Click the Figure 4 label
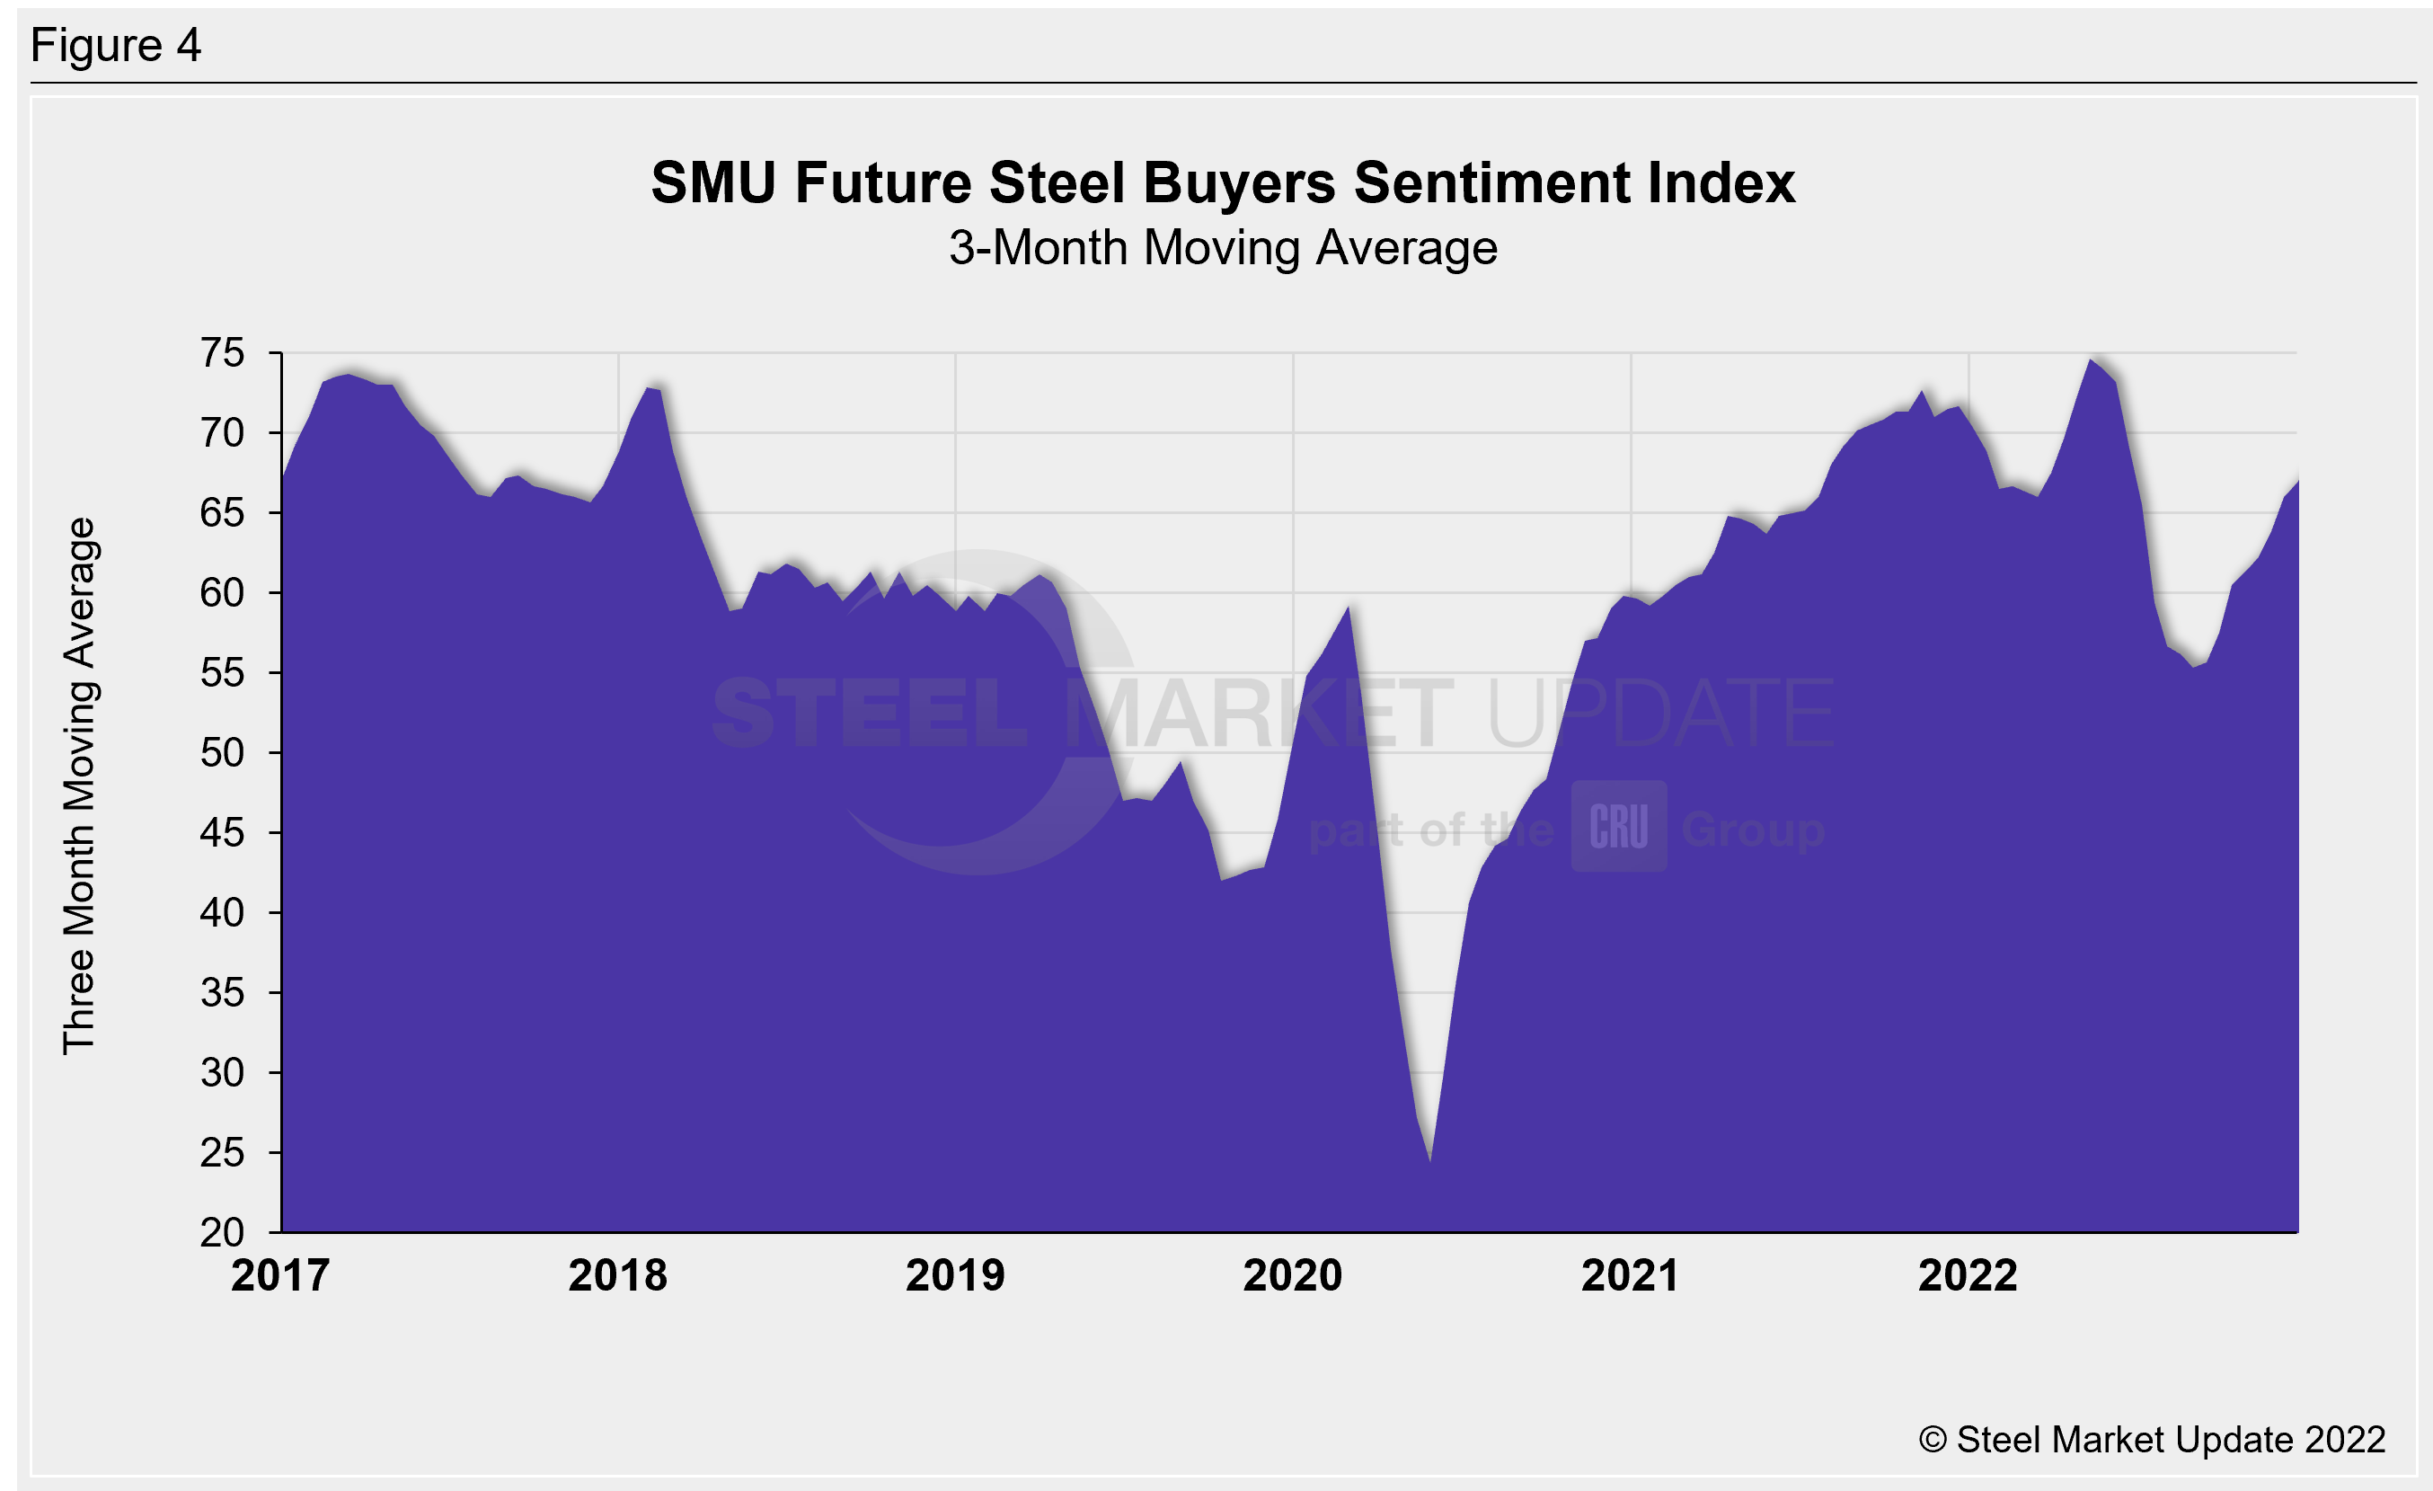coord(116,46)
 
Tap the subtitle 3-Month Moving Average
coord(1223,248)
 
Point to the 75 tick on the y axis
coord(222,353)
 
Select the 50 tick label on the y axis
coord(222,753)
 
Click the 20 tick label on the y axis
coord(222,1232)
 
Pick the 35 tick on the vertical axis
coord(222,992)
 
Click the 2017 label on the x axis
coord(280,1275)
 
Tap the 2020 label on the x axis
coord(1293,1275)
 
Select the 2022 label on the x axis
coord(1968,1275)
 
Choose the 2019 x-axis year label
coord(955,1275)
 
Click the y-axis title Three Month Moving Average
coord(79,786)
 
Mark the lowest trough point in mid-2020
coord(1429,1161)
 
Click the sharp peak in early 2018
coord(649,388)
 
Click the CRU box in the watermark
coord(1618,827)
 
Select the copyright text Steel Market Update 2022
coord(2153,1440)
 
